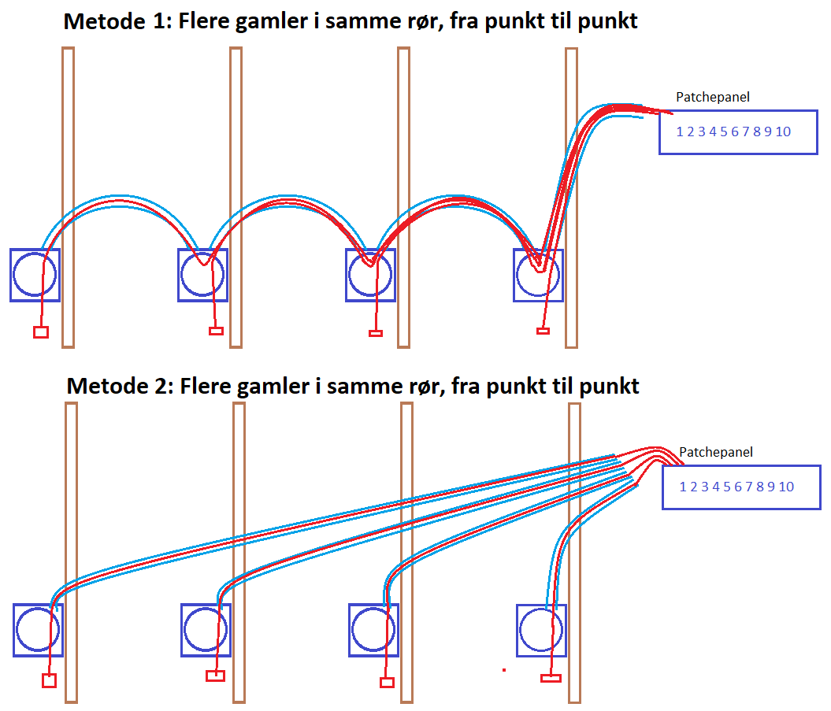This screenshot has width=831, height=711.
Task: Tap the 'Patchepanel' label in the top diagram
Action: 713,97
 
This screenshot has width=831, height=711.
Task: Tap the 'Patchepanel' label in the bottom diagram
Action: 716,453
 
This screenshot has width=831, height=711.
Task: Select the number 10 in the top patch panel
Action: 783,131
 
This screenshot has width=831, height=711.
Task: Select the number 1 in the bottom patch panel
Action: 683,487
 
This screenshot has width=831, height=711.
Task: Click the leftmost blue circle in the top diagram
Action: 35,275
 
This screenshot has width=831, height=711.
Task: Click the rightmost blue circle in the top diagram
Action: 539,275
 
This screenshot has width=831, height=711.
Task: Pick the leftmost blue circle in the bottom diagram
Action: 38,629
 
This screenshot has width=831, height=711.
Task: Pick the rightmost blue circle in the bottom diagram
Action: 541,630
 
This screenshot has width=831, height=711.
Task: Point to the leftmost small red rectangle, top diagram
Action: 41,332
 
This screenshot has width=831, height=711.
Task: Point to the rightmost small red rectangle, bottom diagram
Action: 551,677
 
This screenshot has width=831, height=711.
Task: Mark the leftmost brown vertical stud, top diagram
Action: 68,197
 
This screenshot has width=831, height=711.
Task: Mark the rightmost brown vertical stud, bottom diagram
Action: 575,551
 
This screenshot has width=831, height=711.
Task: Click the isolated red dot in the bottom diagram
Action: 504,670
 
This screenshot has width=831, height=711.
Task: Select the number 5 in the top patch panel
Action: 723,131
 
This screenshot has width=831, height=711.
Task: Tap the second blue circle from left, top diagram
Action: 203,275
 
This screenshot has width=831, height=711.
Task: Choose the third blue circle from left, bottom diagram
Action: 373,630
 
